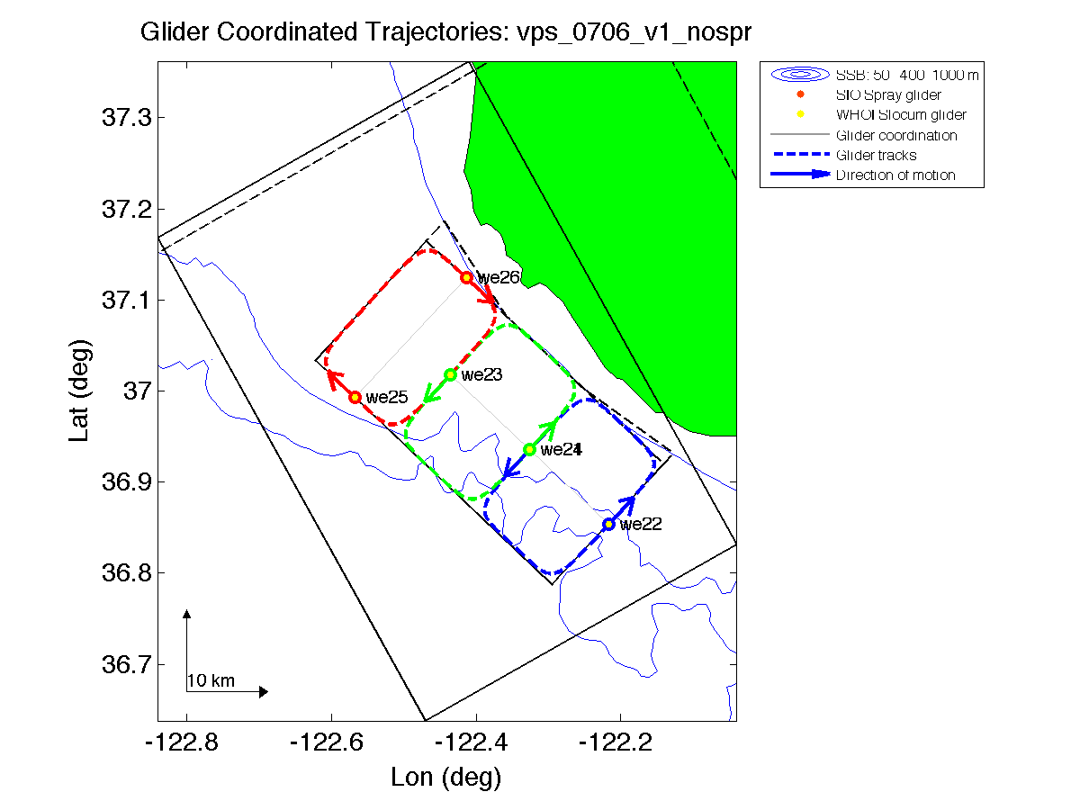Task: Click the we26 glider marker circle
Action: coord(466,277)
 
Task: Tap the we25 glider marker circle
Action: coord(355,397)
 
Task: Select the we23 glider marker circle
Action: coord(450,374)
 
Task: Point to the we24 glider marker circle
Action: coord(529,449)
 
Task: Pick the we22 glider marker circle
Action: coord(608,524)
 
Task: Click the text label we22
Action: coord(641,525)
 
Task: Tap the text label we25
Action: coord(387,397)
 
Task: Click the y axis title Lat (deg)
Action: coord(80,391)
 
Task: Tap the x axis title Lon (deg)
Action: coord(445,777)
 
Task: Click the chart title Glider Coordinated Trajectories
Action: coord(445,33)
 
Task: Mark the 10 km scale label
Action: coord(211,681)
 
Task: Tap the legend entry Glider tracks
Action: coord(876,156)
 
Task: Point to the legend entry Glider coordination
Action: coord(895,135)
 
